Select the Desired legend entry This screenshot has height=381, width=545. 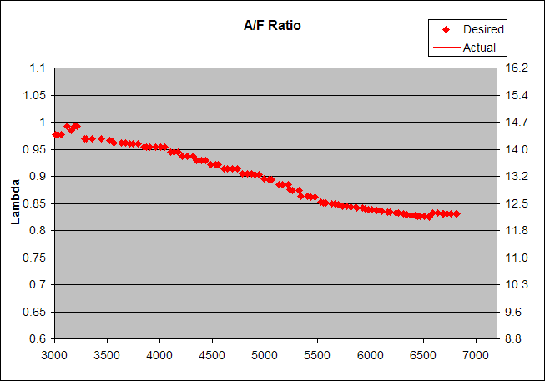(483, 29)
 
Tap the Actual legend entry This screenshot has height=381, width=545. (479, 48)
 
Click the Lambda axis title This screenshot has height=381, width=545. (15, 203)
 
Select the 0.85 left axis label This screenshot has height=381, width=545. (36, 203)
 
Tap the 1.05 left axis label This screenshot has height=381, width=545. (36, 95)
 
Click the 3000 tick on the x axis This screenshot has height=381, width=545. (54, 355)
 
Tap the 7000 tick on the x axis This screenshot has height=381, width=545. (475, 355)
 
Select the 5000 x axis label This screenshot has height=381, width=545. (265, 355)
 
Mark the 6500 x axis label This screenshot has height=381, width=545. (422, 355)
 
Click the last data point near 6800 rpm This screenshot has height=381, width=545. (457, 213)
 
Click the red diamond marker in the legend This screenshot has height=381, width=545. (447, 29)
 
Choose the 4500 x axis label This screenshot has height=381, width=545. (212, 355)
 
